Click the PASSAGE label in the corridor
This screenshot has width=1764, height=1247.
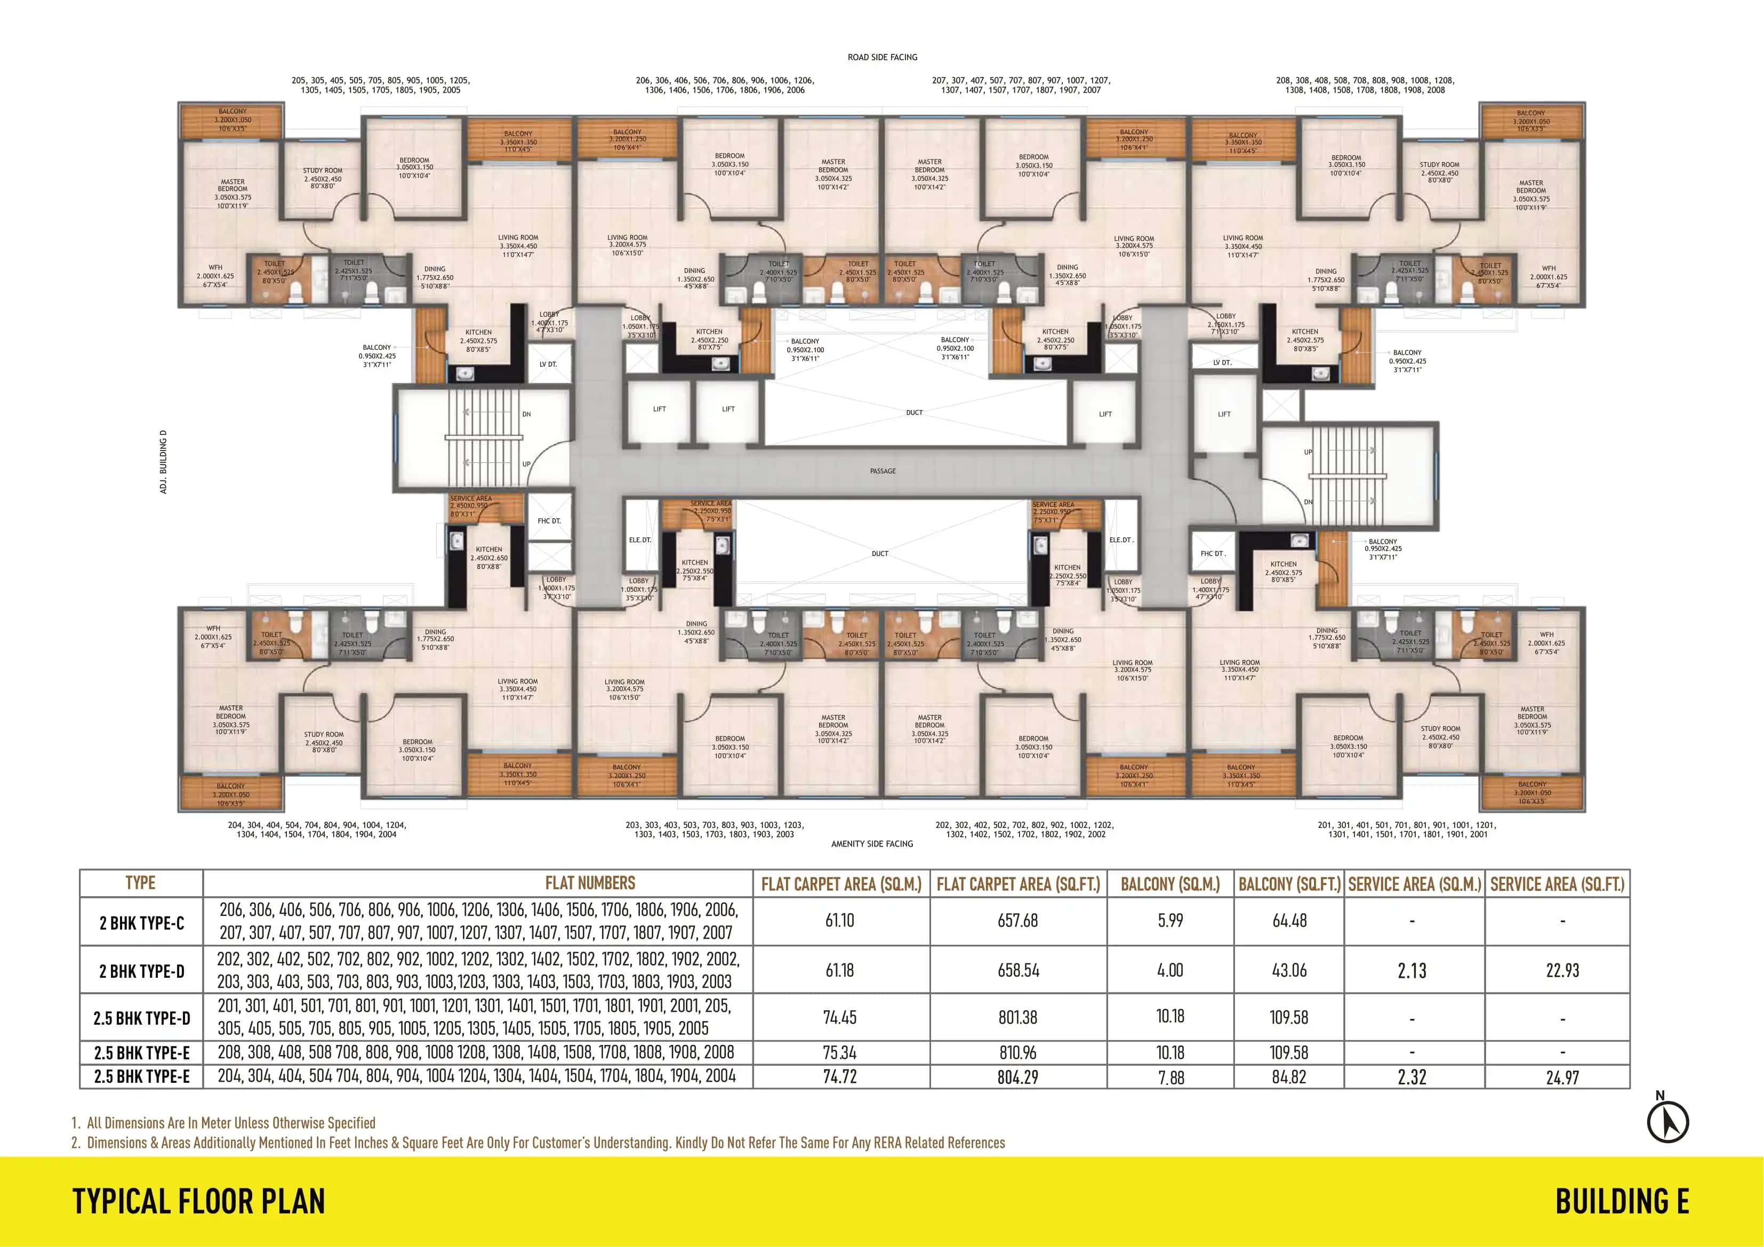click(883, 471)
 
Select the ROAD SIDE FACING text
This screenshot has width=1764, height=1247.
click(882, 58)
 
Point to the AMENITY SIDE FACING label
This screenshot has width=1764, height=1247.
click(872, 843)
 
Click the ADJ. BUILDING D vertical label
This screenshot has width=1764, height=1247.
click(163, 461)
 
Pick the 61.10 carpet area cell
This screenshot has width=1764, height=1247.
click(840, 921)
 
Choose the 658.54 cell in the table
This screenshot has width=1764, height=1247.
click(1018, 970)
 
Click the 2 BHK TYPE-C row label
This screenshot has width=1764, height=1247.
click(141, 923)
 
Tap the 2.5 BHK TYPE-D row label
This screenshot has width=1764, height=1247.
click(141, 1018)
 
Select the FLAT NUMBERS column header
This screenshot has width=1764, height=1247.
click(590, 883)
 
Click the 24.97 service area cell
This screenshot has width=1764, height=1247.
click(1562, 1077)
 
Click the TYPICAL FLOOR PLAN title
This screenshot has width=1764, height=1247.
click(199, 1202)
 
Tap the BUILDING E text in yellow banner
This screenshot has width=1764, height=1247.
click(1622, 1202)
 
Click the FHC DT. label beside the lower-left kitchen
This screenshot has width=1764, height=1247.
click(549, 521)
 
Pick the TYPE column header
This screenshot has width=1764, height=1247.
click(141, 883)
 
